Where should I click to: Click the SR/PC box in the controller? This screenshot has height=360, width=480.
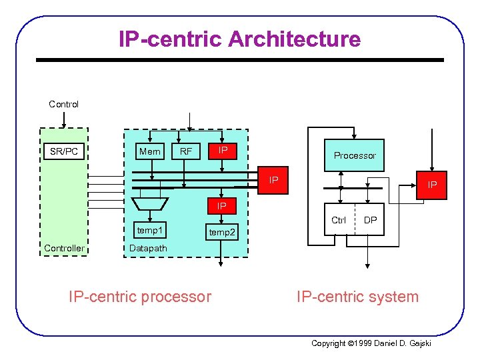[x=64, y=151]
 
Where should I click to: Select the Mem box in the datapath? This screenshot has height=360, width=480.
[x=149, y=151]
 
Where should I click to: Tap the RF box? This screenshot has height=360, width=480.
[x=186, y=152]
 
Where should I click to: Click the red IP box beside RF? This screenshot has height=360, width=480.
[x=223, y=151]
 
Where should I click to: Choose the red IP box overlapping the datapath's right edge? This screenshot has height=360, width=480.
[x=273, y=181]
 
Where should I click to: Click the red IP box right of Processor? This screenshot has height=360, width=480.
[x=432, y=183]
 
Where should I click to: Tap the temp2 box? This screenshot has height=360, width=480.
[x=222, y=233]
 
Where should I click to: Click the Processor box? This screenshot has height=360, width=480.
[x=355, y=155]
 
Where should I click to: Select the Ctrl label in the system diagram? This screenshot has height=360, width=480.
[x=339, y=220]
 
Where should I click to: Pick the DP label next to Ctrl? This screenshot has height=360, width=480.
[x=370, y=220]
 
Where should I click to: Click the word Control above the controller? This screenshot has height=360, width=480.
[x=63, y=104]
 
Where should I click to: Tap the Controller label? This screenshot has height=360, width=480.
[x=64, y=249]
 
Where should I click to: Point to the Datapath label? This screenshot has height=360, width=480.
[x=148, y=249]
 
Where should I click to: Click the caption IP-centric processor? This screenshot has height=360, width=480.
[x=140, y=296]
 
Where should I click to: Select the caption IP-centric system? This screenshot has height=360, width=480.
[x=357, y=296]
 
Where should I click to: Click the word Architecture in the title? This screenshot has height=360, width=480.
[x=294, y=39]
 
